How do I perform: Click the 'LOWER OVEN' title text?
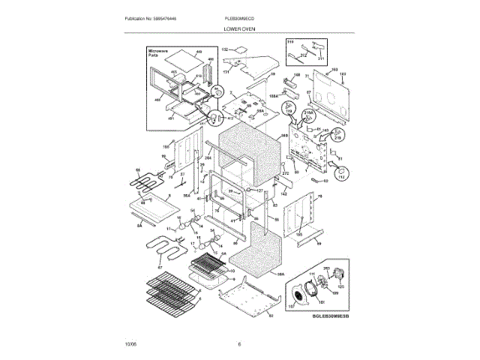point(238,28)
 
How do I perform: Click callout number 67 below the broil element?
point(159,267)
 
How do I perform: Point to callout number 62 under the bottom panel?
point(271,316)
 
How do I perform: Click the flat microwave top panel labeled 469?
point(180,56)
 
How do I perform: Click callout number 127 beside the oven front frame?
point(261,190)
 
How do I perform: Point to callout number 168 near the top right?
point(334,70)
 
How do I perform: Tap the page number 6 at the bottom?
point(238,344)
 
